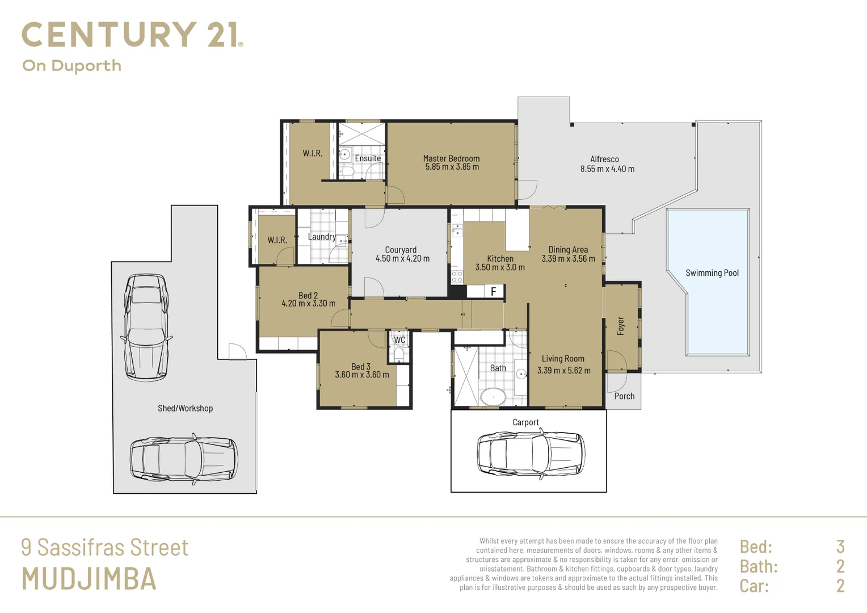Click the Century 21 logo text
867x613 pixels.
132,35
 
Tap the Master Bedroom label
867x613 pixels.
451,158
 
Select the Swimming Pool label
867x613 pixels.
712,273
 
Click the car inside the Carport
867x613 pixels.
531,454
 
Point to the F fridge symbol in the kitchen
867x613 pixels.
494,291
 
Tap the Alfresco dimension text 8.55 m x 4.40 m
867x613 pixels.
607,169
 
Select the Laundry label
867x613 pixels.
322,237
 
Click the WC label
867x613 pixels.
399,340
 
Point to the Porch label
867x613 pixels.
624,396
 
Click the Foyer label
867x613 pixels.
621,326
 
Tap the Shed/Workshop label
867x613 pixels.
185,408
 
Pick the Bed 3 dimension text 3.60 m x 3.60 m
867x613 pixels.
362,375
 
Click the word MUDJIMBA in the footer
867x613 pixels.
89,579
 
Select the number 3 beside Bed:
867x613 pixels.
840,547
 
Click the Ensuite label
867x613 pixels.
368,158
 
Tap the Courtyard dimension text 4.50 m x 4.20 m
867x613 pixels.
402,259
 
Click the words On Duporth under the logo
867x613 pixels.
71,66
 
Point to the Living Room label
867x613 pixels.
563,359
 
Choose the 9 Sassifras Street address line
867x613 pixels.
104,547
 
